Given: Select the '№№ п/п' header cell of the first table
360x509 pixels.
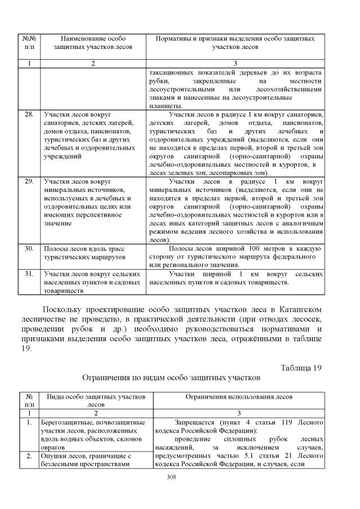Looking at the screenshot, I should pyautogui.click(x=29, y=43).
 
